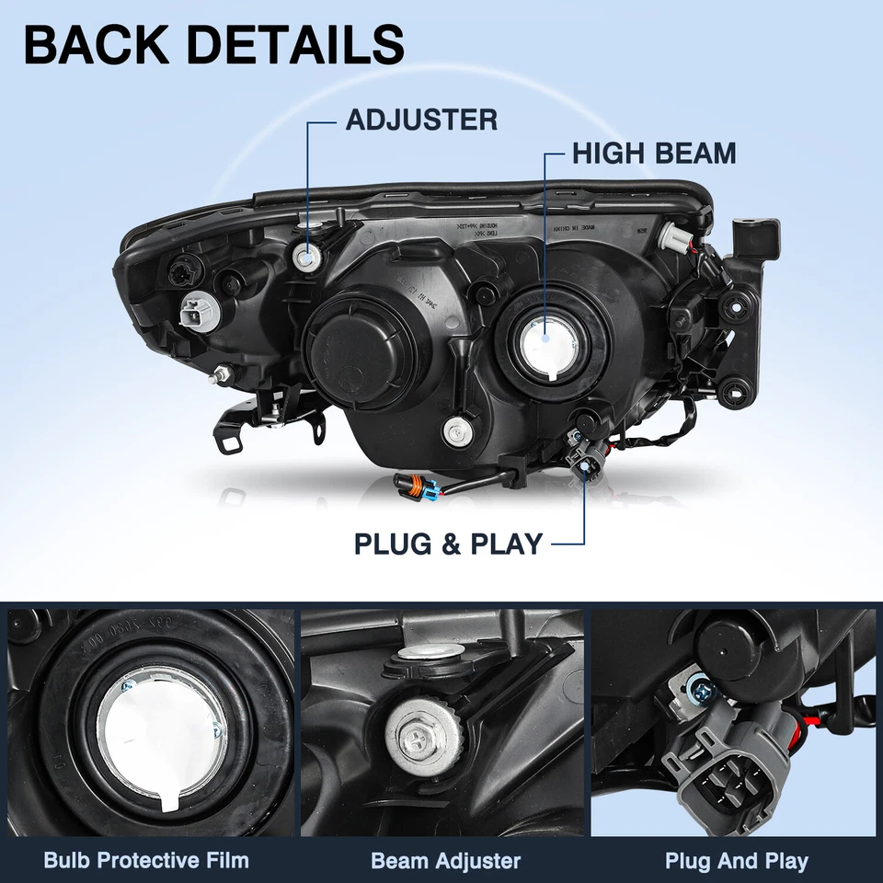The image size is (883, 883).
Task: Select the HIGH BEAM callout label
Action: coord(654,153)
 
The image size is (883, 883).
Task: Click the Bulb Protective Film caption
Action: coord(146,861)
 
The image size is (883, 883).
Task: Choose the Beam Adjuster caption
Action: coord(445,861)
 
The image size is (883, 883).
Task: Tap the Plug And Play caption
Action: coord(737,861)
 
